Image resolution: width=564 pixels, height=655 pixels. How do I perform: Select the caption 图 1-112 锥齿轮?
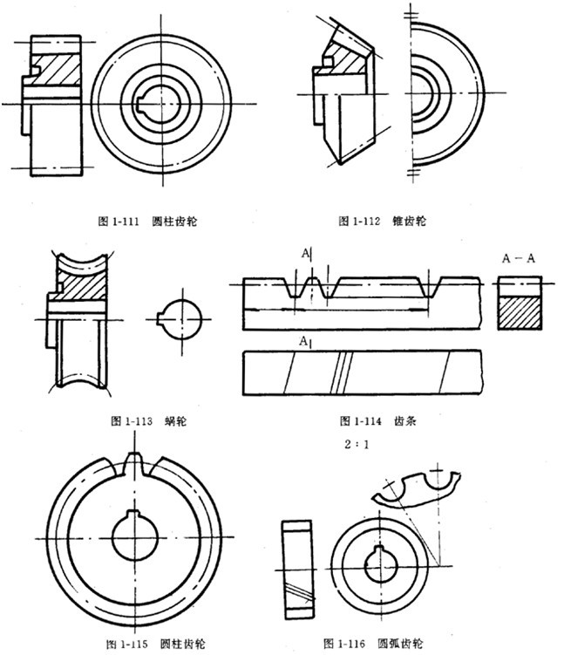[x=384, y=222]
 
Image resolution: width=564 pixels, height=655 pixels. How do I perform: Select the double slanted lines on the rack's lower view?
[x=343, y=370]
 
